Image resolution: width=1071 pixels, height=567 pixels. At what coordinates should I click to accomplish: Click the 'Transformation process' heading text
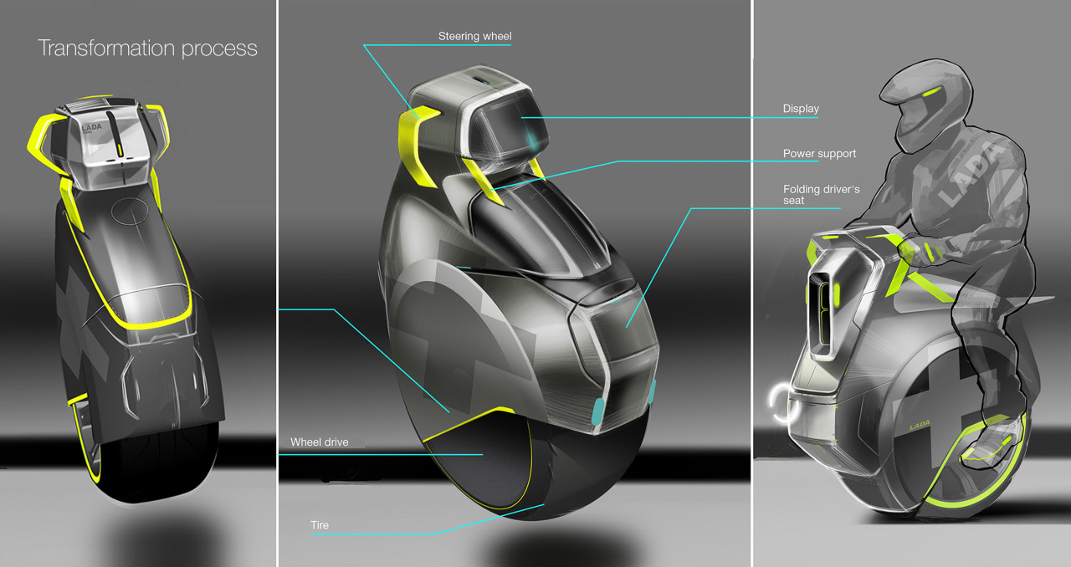147,48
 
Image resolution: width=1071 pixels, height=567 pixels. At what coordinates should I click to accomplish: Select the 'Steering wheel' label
474,36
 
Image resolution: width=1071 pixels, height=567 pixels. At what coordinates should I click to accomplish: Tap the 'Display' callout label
800,109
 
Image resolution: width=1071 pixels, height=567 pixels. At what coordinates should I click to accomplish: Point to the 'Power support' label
819,154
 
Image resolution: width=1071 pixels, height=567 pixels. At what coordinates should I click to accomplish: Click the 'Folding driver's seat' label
821,195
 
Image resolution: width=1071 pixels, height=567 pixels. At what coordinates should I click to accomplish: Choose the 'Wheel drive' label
319,442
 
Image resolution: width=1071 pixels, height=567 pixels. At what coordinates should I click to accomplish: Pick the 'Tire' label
320,525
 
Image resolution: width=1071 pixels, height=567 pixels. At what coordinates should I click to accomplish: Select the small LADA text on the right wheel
921,426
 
